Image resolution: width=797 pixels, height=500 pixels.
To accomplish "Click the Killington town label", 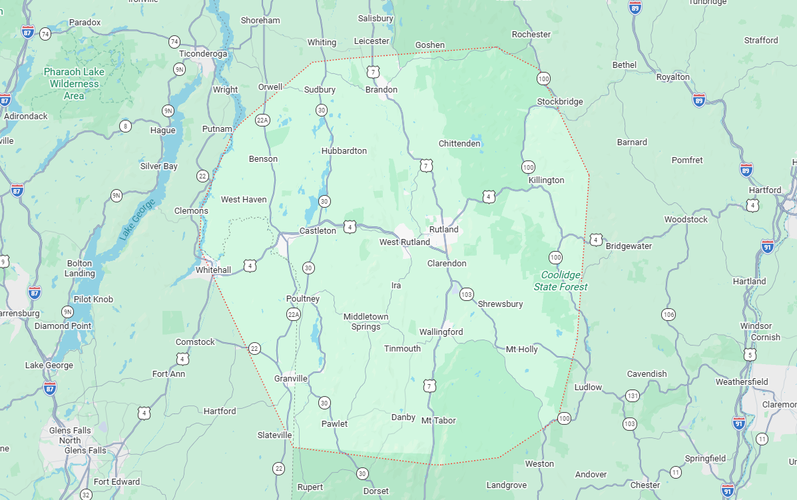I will [546, 180].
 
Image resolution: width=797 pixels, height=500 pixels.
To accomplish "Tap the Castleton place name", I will [318, 231].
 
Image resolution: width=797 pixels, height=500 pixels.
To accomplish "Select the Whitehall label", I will [213, 270].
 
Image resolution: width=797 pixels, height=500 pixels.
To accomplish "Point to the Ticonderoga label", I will [203, 53].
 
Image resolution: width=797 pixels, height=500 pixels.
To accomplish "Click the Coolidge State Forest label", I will [561, 281].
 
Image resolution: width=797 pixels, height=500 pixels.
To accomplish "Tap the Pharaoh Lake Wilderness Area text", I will [74, 84].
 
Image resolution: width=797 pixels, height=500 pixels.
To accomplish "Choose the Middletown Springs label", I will [366, 322].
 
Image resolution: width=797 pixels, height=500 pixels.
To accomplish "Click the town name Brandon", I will [382, 90].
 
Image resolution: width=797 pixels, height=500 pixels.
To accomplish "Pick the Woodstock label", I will [686, 220].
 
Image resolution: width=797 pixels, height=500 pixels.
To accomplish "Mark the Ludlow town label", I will [587, 387].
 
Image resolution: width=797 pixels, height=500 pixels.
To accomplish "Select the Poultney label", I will [303, 299].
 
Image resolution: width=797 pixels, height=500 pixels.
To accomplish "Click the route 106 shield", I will [668, 314].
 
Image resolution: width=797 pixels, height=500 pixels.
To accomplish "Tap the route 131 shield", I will [632, 396].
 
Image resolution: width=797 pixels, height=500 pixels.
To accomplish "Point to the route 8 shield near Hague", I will [125, 126].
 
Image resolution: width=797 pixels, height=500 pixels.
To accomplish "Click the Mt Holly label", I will [521, 350].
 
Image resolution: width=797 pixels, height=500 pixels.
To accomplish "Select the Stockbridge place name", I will [560, 102].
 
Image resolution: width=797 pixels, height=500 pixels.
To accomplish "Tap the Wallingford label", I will [441, 332].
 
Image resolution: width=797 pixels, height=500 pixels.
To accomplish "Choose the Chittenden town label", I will [459, 144].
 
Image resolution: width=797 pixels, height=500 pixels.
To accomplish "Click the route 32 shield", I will [86, 495].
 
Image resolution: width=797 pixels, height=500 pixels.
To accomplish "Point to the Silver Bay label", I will [158, 166].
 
